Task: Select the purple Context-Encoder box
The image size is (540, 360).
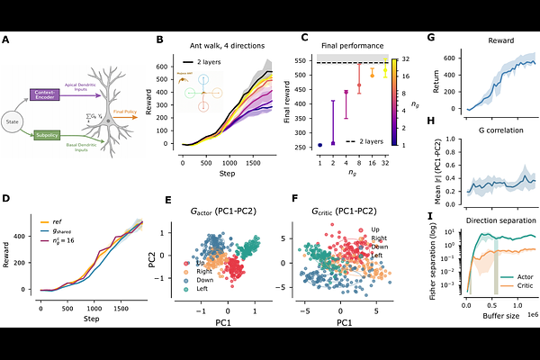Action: pos(61,93)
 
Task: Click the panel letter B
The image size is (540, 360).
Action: pos(159,40)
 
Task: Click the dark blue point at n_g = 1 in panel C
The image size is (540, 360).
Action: pos(320,144)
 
